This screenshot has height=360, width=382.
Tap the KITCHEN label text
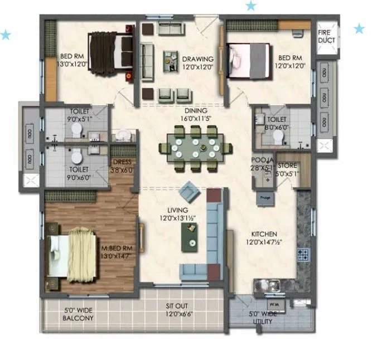click(x=264, y=239)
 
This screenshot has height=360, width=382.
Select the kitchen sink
click(x=269, y=286)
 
